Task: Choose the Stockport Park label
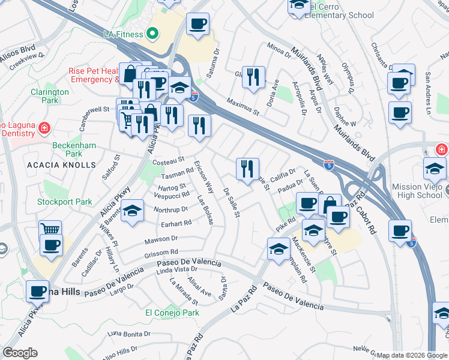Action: coord(65,202)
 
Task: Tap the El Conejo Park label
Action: coord(172,313)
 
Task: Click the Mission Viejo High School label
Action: coord(417,191)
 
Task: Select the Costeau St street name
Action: coord(168,161)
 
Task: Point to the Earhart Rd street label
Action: coord(176,223)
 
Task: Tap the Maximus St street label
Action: coord(243,107)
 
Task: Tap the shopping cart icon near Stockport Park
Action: coord(50,230)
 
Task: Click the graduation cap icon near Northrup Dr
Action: coord(132,211)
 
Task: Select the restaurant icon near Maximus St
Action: coord(253,77)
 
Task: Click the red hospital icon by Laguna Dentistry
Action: coord(43,128)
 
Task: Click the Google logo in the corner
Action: coord(19,353)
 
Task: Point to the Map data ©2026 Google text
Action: coord(411,355)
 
